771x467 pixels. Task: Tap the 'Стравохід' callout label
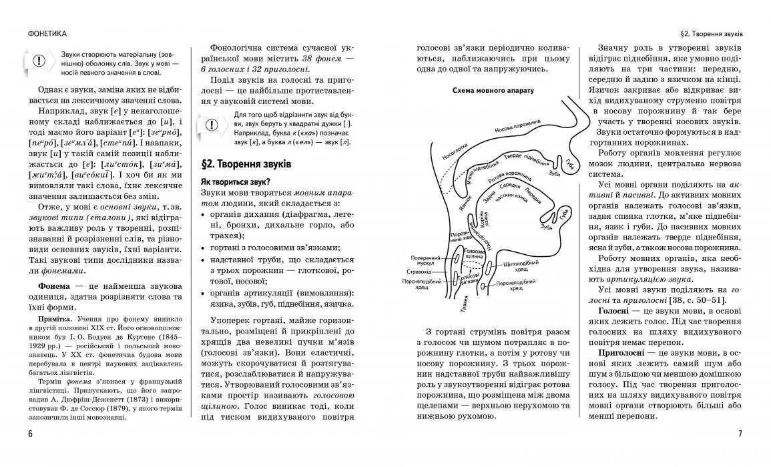click(x=427, y=272)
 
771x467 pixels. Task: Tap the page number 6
click(x=31, y=434)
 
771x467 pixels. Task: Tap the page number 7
click(x=740, y=434)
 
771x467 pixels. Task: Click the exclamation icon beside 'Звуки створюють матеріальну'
click(x=39, y=61)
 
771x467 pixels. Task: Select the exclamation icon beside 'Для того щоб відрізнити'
click(x=211, y=125)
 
